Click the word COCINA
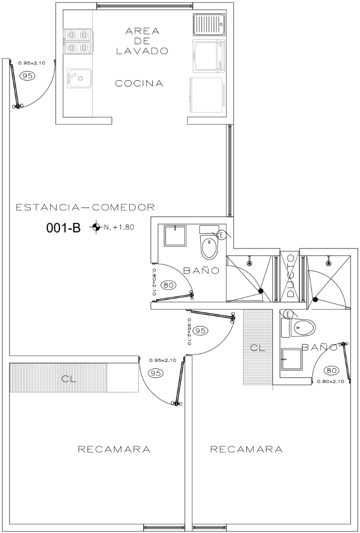tap(139, 83)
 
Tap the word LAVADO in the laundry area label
tap(142, 51)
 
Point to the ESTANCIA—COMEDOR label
tap(86, 207)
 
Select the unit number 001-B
tap(64, 228)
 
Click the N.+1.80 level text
tap(119, 227)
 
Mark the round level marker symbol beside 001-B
tap(97, 227)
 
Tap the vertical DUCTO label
tap(290, 276)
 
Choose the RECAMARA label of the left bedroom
tap(114, 449)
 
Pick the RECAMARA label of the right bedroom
tap(246, 449)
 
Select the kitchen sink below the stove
tap(80, 78)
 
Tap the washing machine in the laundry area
tap(209, 56)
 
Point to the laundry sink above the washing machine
tap(209, 25)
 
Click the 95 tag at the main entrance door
tap(28, 76)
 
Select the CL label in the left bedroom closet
tap(69, 379)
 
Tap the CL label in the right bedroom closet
tap(257, 348)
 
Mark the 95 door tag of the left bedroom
tap(156, 373)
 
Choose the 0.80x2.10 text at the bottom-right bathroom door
tap(330, 381)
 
